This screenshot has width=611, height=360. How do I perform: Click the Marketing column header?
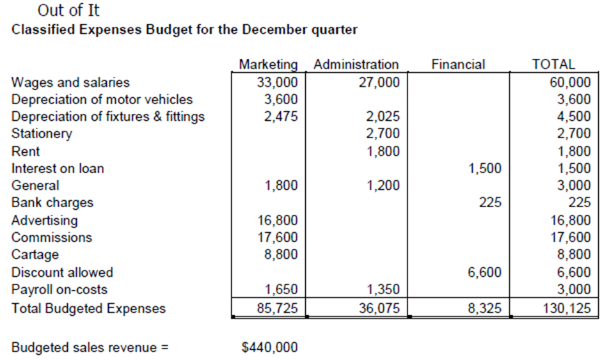click(268, 65)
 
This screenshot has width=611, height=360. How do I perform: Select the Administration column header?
click(356, 65)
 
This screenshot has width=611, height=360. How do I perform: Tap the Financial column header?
click(458, 65)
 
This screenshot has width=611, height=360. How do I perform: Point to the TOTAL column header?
click(553, 65)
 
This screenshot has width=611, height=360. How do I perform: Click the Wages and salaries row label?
click(70, 82)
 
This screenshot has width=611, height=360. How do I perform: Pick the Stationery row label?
click(42, 134)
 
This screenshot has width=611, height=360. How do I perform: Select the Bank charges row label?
click(52, 203)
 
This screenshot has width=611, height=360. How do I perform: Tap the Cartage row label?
click(35, 254)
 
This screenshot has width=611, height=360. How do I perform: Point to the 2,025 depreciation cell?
click(383, 117)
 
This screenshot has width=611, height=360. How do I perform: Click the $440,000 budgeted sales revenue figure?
click(269, 348)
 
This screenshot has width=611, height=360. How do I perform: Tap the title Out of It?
click(68, 11)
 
